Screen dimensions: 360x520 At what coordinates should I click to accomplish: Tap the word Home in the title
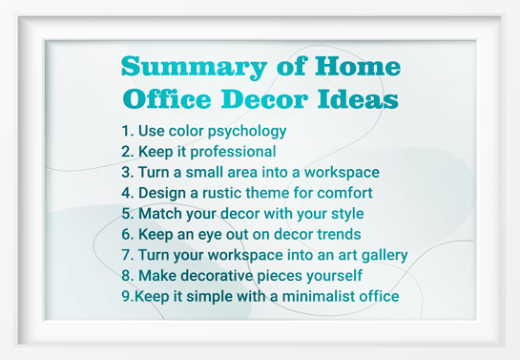tap(359, 68)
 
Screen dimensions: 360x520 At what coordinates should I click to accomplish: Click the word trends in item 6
tap(332, 234)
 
